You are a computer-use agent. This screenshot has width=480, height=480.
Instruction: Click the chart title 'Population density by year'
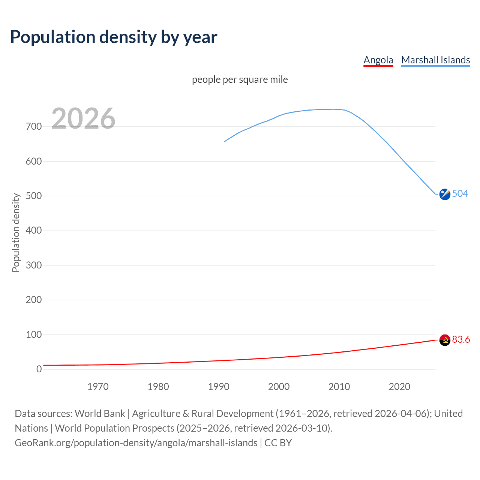(x=114, y=37)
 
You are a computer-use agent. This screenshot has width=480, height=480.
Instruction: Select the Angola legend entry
(x=378, y=60)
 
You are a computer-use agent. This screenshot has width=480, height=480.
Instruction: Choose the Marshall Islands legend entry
(x=435, y=60)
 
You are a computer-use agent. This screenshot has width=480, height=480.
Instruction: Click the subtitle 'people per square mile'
(x=240, y=80)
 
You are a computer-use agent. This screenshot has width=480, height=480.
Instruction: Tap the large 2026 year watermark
(x=83, y=118)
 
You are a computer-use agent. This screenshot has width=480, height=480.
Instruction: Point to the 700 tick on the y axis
(x=34, y=127)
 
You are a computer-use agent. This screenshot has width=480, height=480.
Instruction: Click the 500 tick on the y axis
(x=34, y=196)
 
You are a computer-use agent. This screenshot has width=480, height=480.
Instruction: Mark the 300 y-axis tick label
(x=34, y=265)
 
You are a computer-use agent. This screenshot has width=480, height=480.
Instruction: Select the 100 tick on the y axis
(x=34, y=334)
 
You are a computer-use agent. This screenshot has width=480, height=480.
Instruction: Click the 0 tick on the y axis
(x=39, y=369)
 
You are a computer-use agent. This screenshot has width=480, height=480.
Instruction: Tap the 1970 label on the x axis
(x=98, y=387)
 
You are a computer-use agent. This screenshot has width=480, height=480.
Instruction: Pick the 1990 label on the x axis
(x=219, y=387)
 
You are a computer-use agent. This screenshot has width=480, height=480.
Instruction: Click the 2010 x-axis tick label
(x=339, y=387)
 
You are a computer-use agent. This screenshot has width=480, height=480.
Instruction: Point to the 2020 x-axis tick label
(x=399, y=387)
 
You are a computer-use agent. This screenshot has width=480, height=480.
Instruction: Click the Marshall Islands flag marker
(x=445, y=194)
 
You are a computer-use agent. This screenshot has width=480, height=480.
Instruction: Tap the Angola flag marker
(x=445, y=340)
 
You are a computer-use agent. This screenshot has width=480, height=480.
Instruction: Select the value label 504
(x=460, y=194)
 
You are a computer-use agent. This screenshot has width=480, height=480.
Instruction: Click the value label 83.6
(x=461, y=340)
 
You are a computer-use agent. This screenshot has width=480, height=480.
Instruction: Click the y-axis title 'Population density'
(x=16, y=232)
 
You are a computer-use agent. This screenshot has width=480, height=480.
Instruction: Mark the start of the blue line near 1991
(x=225, y=141)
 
